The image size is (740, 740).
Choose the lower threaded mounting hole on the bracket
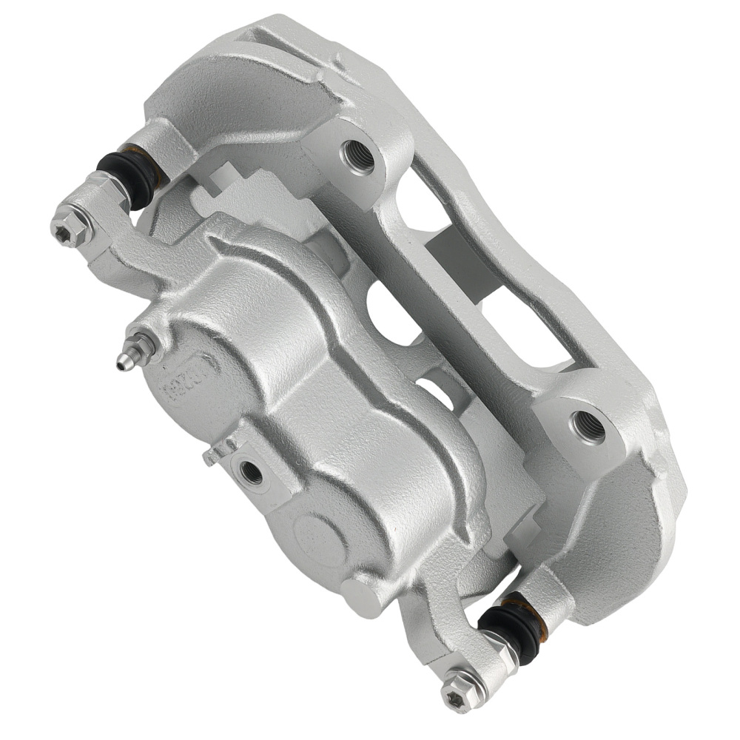pos(588,426)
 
